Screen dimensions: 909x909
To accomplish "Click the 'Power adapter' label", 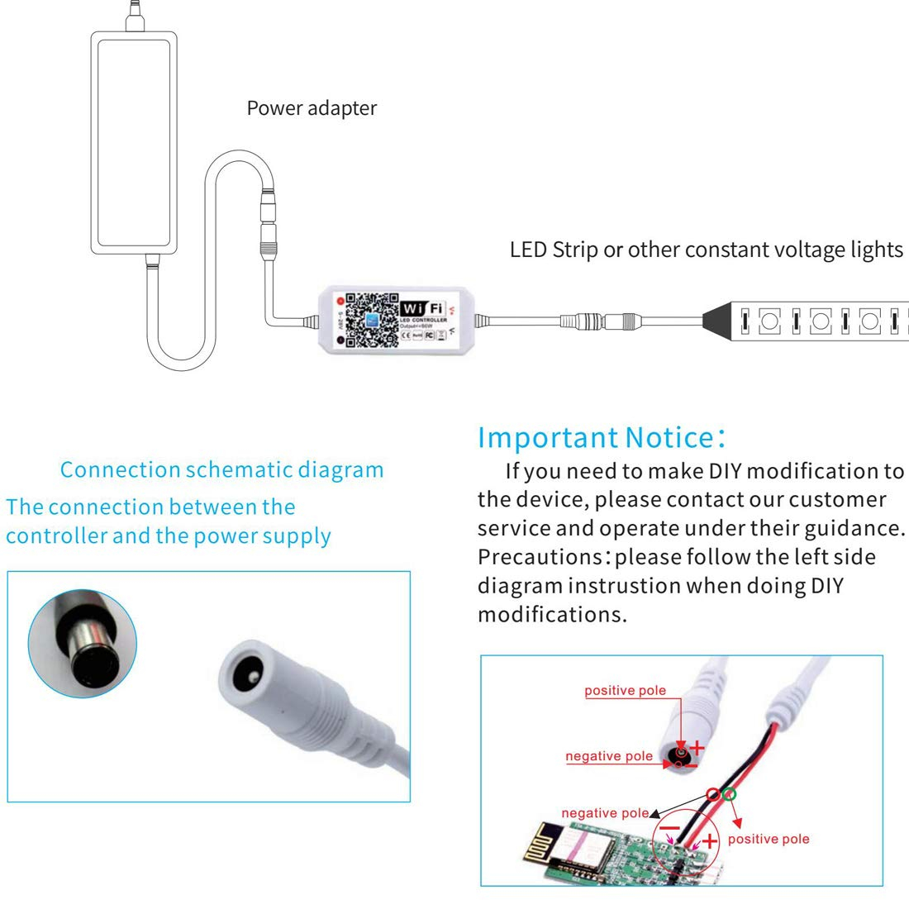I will [x=312, y=108].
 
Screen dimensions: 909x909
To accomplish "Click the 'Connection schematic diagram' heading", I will [x=221, y=470].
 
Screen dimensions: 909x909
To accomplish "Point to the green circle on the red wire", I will [x=727, y=795].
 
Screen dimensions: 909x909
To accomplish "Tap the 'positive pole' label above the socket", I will [x=625, y=691].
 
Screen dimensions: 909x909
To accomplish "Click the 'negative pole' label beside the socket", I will [x=609, y=756].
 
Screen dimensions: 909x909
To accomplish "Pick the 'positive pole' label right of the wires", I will [x=769, y=839].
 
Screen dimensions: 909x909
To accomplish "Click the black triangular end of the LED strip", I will [x=719, y=319].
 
